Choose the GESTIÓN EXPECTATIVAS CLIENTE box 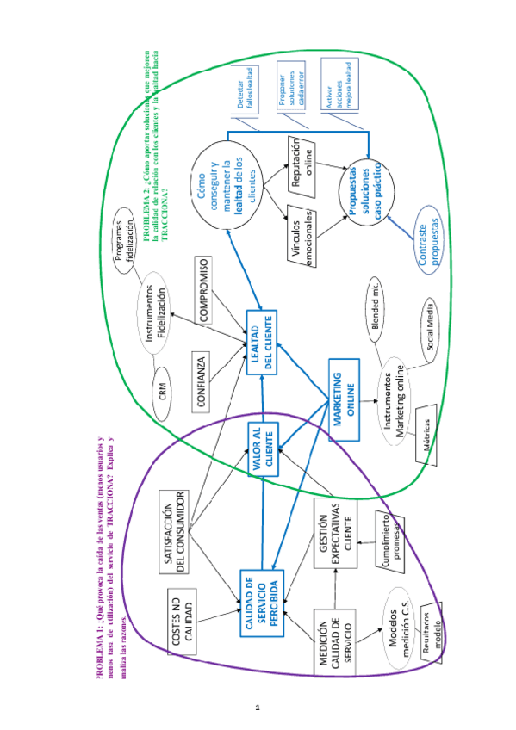(333, 527)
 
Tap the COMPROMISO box (202, 289)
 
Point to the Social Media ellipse (429, 330)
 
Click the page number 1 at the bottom (258, 707)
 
